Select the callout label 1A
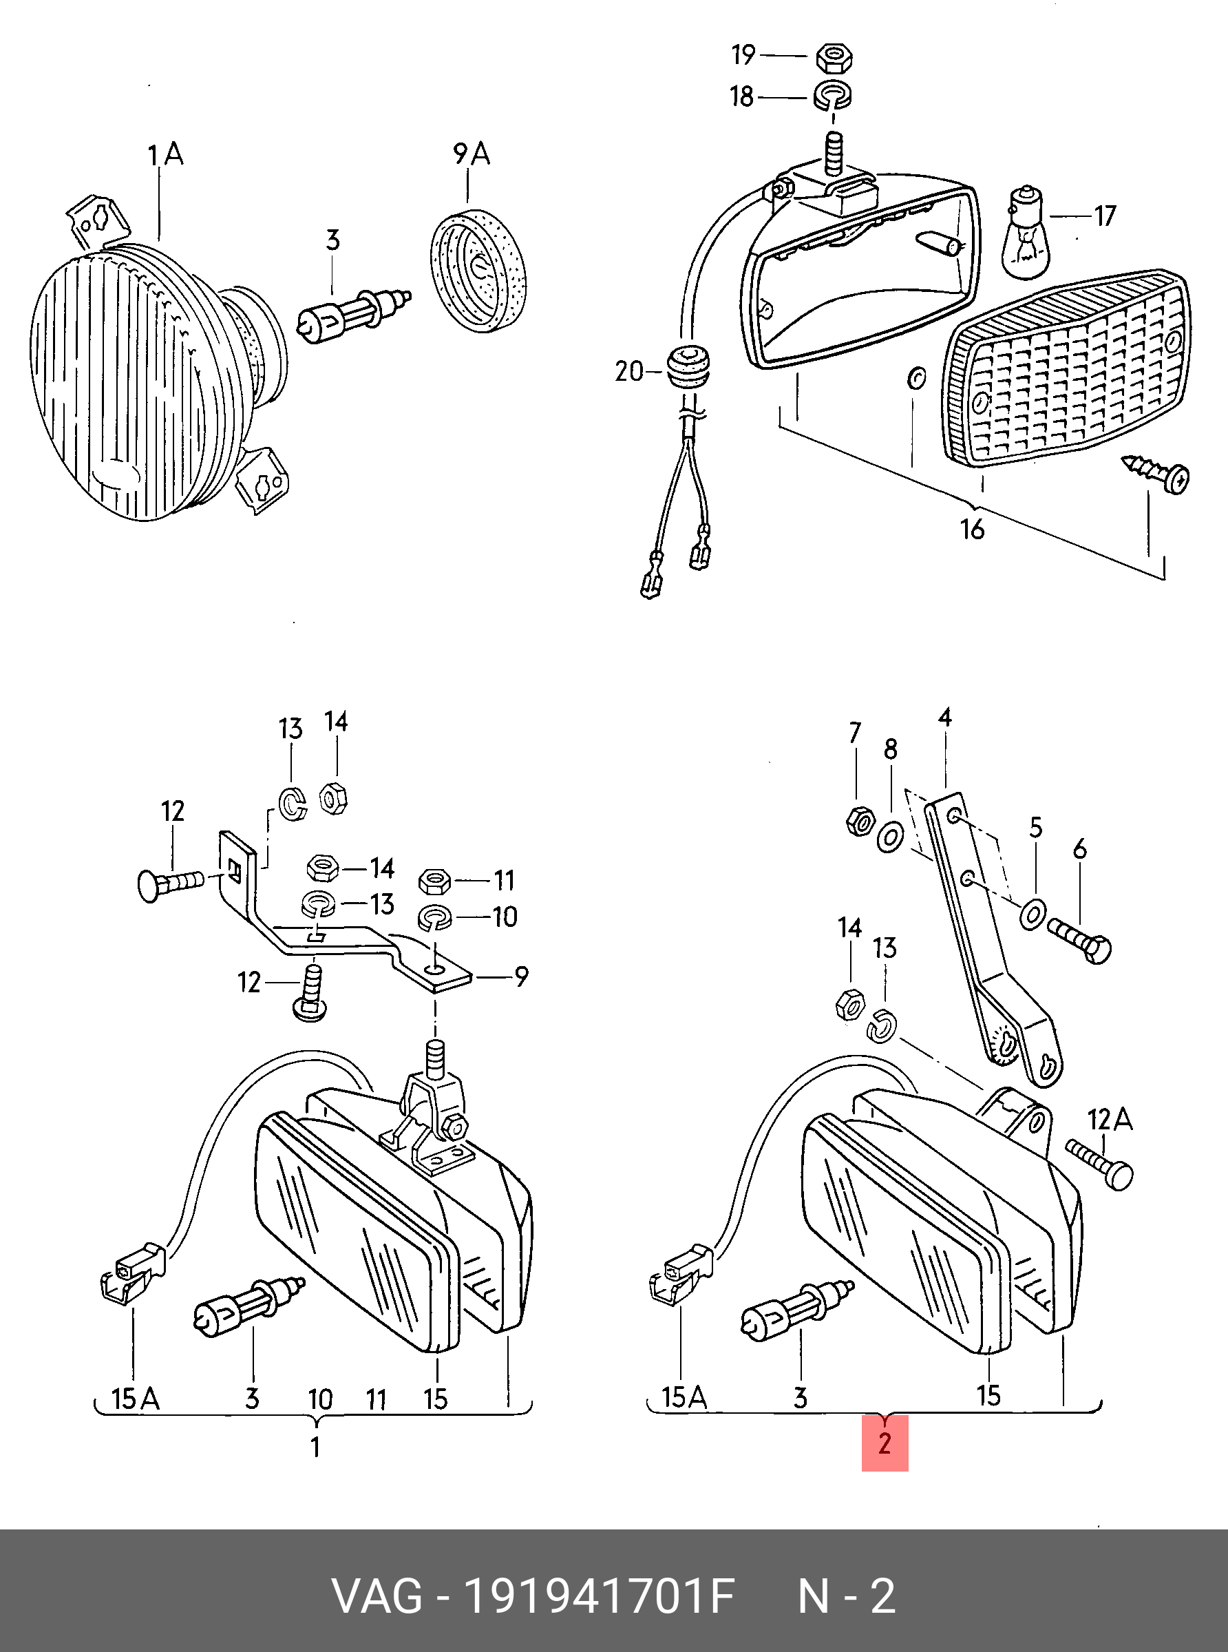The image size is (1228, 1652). coord(165,156)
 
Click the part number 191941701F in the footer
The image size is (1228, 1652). coord(599,1596)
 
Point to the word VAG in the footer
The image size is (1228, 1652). coord(377,1596)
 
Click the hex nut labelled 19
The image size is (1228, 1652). coord(835,58)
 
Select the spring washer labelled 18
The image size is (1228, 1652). coord(834,96)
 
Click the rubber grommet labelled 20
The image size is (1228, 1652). coord(686,370)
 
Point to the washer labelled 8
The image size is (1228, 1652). coord(891,837)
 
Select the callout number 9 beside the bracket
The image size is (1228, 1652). coord(522,977)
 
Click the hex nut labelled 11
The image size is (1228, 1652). coord(434,881)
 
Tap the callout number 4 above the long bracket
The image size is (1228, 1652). coord(945,718)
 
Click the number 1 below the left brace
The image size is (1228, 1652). coord(316,1447)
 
